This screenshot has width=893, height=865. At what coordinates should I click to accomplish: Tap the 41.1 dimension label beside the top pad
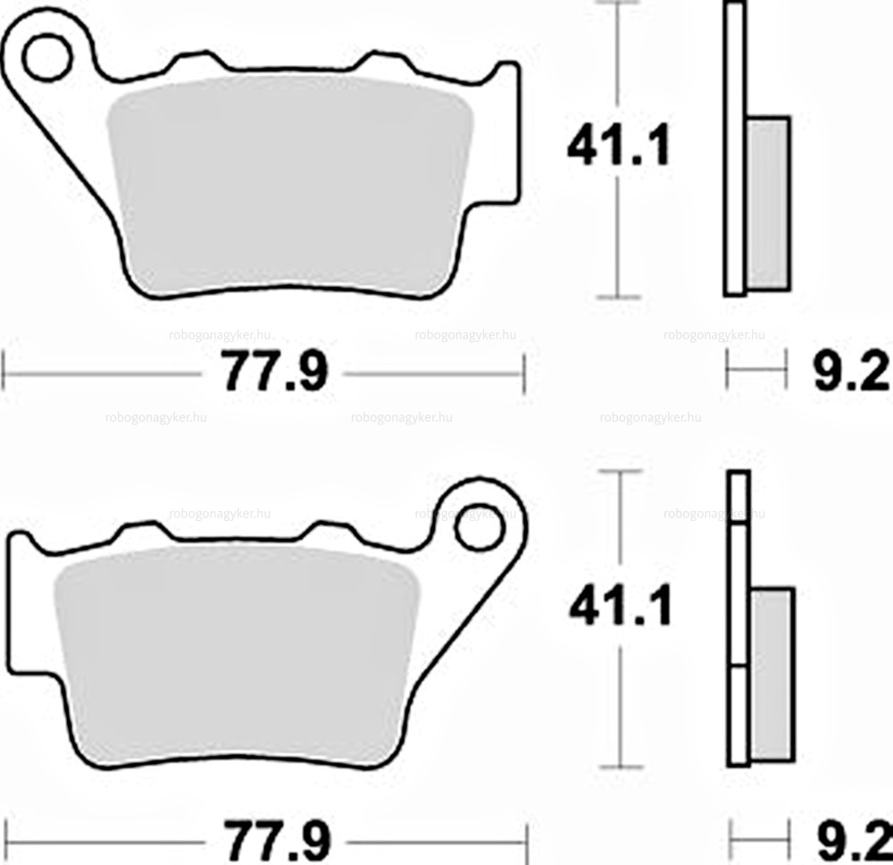(619, 146)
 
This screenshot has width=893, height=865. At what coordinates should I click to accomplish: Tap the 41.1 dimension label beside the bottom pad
(621, 605)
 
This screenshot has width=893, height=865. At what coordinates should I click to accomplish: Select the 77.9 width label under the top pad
(274, 372)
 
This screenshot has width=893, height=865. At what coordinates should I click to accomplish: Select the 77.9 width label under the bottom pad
(276, 841)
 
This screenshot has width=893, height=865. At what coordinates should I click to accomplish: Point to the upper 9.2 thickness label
(851, 371)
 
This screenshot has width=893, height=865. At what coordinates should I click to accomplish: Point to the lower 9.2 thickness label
(854, 841)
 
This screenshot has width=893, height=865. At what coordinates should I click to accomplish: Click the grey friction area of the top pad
(290, 183)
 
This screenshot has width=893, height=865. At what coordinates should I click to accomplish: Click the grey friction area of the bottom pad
(237, 655)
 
